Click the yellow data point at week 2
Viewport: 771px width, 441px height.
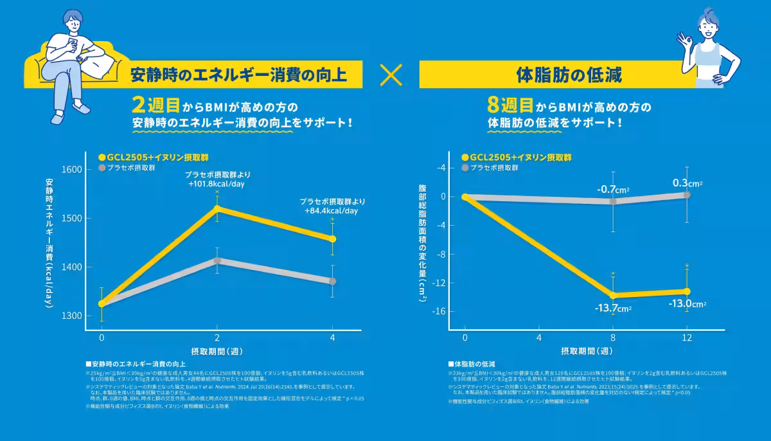217,208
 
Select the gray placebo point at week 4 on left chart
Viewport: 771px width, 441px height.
332,281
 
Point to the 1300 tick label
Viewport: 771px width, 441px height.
72,316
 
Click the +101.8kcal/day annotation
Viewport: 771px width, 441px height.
217,184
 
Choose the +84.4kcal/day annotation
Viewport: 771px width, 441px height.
332,210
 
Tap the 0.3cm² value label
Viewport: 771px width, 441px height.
687,183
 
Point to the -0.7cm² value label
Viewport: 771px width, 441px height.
612,190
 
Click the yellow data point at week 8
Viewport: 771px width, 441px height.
613,295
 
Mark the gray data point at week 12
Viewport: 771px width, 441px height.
687,194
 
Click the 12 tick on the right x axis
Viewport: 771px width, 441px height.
687,337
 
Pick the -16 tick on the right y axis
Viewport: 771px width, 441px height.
441,312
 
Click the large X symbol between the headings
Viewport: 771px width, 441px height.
391,75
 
